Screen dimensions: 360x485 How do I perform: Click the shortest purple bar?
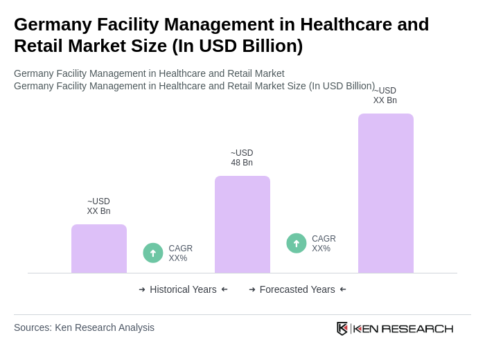(99, 249)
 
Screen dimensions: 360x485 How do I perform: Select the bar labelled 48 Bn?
(242, 224)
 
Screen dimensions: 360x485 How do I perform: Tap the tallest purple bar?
(386, 193)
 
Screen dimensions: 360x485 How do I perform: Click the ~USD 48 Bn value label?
(242, 158)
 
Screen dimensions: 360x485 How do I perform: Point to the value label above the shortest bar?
(98, 206)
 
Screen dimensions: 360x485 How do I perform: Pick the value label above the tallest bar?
(385, 96)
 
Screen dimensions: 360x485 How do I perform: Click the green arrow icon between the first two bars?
(153, 253)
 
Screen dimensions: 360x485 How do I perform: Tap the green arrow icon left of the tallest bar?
(297, 243)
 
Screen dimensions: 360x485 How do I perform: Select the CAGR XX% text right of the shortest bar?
(180, 253)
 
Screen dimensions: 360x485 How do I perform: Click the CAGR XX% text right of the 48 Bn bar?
(324, 244)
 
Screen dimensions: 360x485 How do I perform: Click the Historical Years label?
(183, 289)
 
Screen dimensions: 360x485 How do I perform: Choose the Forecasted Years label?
(297, 289)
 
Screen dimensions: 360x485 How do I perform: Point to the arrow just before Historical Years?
(142, 289)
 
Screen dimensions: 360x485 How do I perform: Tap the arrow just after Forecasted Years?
(343, 289)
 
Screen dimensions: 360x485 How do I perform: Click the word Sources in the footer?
(33, 327)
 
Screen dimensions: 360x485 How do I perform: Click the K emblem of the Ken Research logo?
(342, 328)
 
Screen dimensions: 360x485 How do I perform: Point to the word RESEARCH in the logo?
(417, 328)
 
